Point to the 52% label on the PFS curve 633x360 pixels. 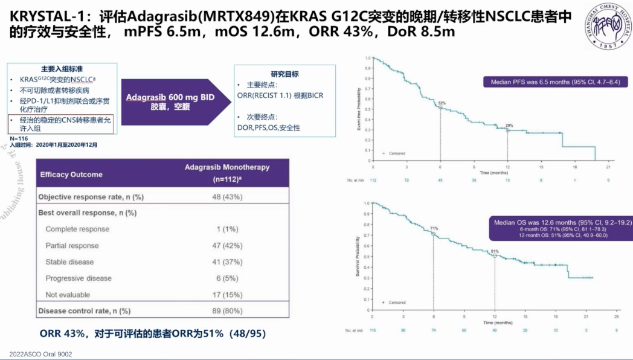click(x=442, y=103)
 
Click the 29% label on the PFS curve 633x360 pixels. click(x=509, y=125)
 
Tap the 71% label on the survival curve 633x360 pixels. click(x=434, y=228)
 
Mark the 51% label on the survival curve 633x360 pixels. click(x=495, y=251)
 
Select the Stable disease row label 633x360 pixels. click(x=69, y=262)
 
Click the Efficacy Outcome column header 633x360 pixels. click(x=71, y=175)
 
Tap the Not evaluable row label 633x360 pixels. click(x=68, y=295)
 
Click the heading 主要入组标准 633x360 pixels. click(x=62, y=68)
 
